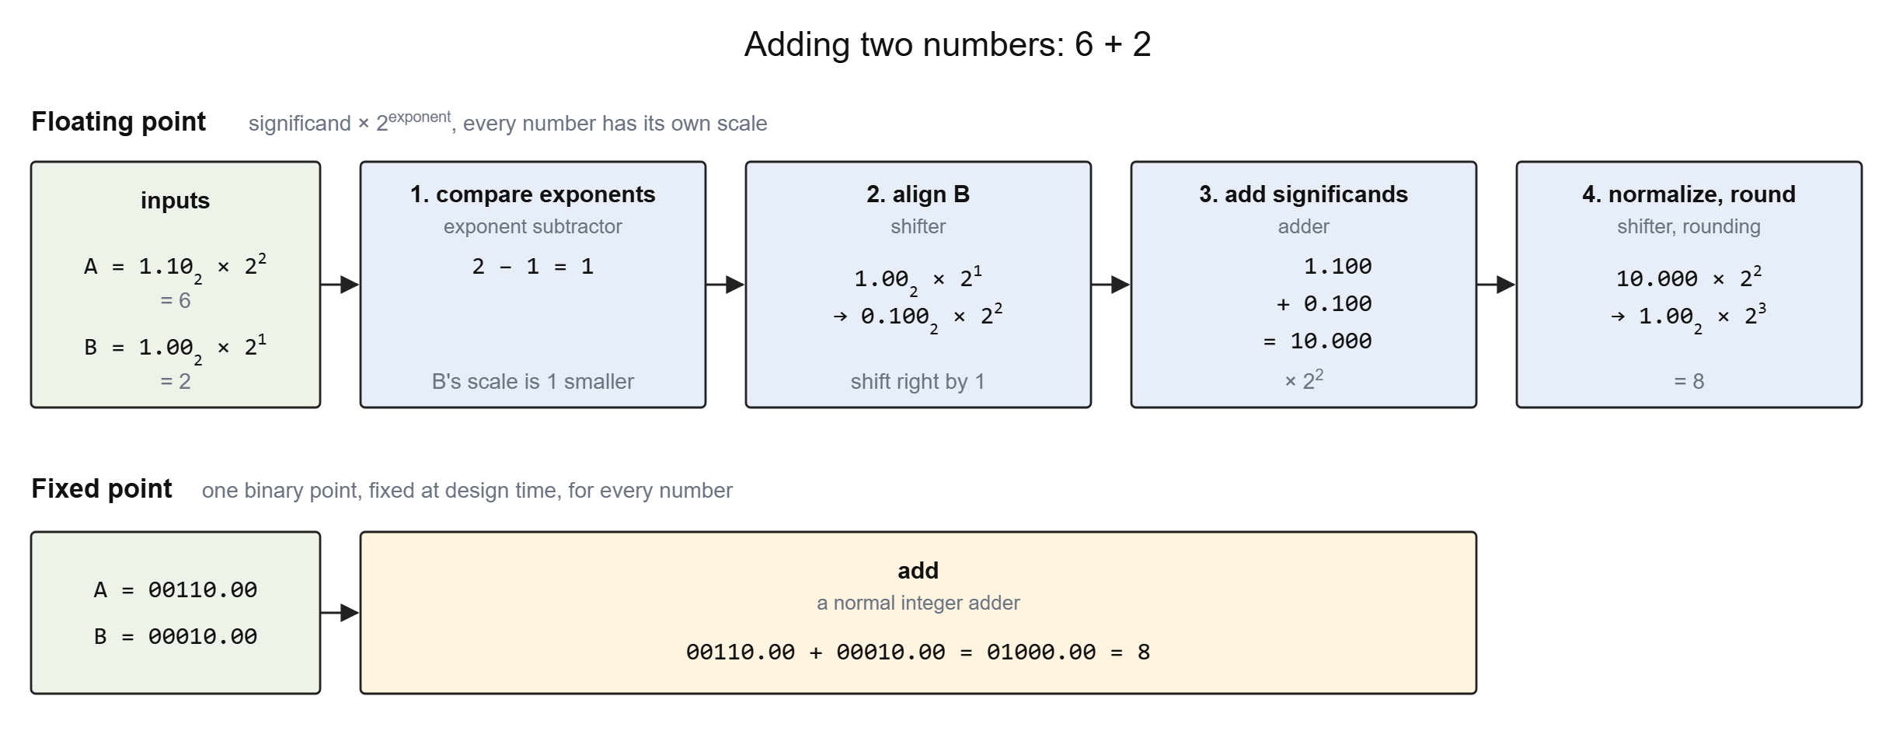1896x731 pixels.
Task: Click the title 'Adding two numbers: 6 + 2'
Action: coord(947,44)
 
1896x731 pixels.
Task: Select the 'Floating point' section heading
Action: coord(118,122)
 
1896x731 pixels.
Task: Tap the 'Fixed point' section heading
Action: coord(102,488)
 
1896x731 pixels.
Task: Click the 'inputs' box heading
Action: coord(175,201)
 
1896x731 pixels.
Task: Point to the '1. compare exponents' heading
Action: coord(532,194)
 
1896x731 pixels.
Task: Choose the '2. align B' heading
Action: coord(918,194)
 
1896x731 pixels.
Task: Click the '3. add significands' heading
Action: coord(1303,194)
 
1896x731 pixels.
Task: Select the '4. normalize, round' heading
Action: coord(1689,194)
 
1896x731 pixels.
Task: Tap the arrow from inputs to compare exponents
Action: coord(340,285)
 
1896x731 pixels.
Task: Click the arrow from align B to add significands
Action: coord(1110,285)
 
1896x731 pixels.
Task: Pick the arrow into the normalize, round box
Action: coord(1496,285)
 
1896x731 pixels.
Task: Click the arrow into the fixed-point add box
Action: coord(340,613)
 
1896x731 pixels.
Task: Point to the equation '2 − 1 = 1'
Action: coord(532,267)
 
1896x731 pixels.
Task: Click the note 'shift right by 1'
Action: coord(918,382)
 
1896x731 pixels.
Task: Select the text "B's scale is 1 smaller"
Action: coord(532,382)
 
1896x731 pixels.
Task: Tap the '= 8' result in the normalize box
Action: coord(1689,382)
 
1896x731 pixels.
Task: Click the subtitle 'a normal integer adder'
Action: coord(918,603)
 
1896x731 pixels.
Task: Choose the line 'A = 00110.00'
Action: coord(175,590)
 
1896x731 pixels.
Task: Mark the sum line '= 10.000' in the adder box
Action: coord(1318,341)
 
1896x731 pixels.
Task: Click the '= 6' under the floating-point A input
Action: coord(175,301)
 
